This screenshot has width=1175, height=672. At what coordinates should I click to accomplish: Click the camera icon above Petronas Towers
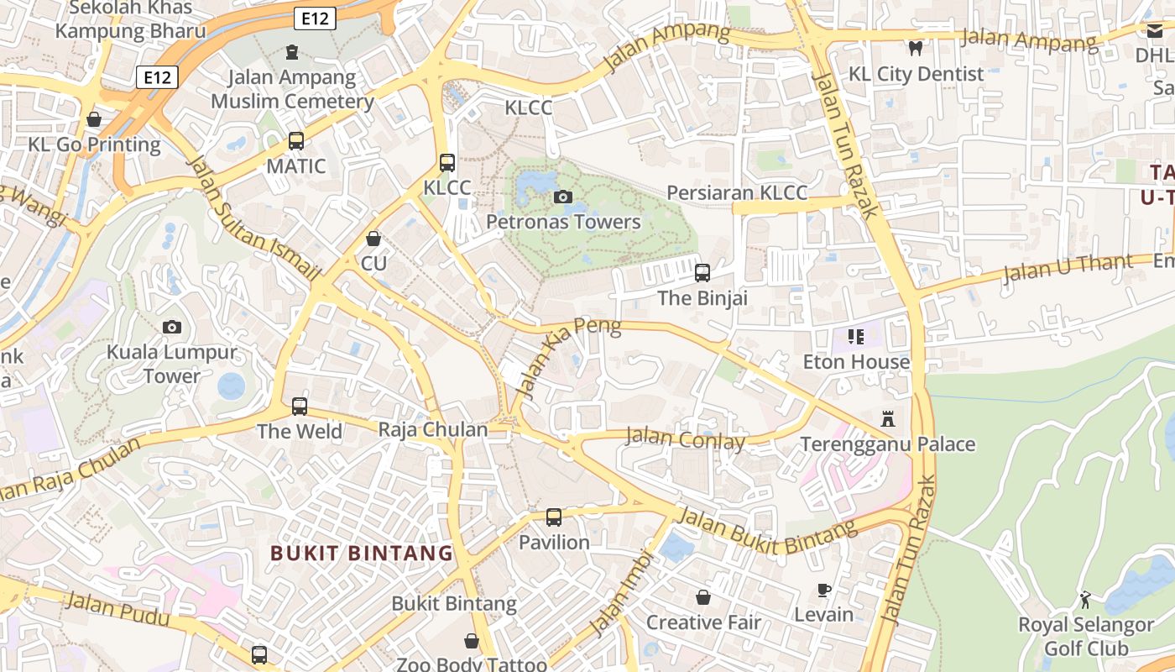tap(563, 197)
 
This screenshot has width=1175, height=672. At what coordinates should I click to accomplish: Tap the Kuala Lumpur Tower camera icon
tap(172, 327)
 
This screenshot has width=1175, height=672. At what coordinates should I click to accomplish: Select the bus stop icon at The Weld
tap(300, 407)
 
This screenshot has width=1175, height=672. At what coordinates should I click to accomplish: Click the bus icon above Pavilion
tap(554, 517)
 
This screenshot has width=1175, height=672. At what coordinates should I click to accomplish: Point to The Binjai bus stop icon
tap(702, 273)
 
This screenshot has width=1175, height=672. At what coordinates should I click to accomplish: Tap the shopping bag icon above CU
tap(373, 239)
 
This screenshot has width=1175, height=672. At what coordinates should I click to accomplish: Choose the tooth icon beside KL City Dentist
tap(916, 49)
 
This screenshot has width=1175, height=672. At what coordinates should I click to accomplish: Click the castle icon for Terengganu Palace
tap(888, 418)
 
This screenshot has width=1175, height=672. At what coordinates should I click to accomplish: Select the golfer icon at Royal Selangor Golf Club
tap(1085, 600)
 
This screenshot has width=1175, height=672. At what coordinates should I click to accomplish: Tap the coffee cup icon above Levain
tap(824, 590)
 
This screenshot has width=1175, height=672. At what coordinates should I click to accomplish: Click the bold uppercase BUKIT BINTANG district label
tap(362, 554)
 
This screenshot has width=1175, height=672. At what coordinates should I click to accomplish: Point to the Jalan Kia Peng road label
tap(570, 357)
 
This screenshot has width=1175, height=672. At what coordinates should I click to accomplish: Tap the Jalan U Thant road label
tap(1067, 269)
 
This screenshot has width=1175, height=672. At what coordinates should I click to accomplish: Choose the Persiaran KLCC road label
tap(737, 193)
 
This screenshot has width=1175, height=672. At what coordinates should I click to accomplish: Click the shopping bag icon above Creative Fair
tap(703, 597)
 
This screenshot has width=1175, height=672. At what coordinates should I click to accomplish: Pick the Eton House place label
tap(856, 362)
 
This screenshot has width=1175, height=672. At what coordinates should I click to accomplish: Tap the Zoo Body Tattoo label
tap(471, 664)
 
